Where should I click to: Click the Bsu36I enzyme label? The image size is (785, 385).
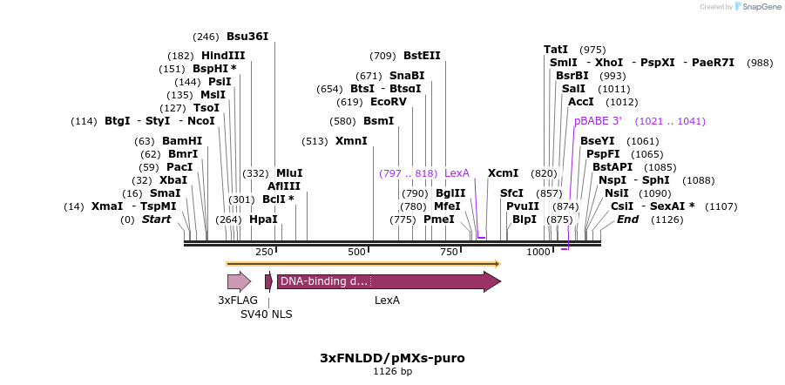247,37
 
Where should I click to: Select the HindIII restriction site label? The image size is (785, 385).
223,56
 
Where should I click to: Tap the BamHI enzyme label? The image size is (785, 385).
182,141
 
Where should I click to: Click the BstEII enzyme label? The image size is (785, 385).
422,56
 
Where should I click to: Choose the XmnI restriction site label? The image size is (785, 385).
351,141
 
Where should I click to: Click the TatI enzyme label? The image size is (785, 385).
556,50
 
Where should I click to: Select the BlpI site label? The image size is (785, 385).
524,220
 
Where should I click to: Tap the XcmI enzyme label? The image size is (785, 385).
503,173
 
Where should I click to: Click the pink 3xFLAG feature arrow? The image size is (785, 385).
239,281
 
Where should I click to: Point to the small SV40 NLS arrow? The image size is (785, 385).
268,281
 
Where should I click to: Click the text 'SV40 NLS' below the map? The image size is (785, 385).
267,314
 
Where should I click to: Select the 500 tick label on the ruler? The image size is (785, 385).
356,252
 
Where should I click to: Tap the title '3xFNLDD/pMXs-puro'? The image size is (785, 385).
392,358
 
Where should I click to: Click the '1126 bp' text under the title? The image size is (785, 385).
392,372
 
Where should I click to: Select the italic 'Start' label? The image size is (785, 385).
157,220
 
